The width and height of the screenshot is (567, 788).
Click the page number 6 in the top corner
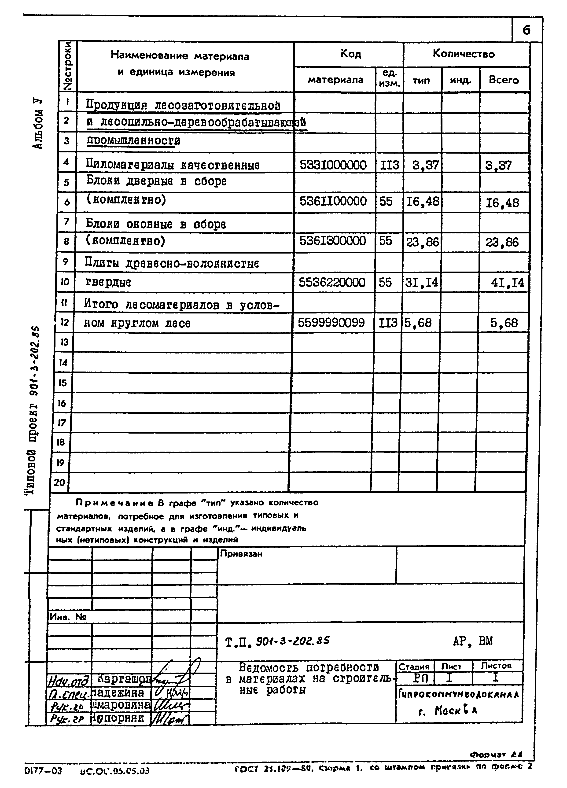pos(526,31)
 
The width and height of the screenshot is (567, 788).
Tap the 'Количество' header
pos(464,54)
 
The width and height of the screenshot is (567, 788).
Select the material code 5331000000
pos(333,165)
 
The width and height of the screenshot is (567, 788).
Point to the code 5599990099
pos(331,323)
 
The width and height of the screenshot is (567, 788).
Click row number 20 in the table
pos(59,482)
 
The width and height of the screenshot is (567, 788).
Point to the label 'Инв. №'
pos(68,617)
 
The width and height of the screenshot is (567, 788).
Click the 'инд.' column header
pos(460,80)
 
